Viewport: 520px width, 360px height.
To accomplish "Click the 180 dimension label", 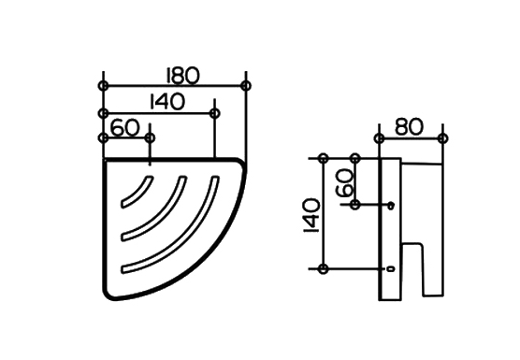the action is click(x=182, y=76).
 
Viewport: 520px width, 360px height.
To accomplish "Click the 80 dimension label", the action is click(x=410, y=127).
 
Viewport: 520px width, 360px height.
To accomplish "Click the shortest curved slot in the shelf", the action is click(x=137, y=193).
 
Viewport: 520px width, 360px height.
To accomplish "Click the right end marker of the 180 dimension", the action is click(x=246, y=85).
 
